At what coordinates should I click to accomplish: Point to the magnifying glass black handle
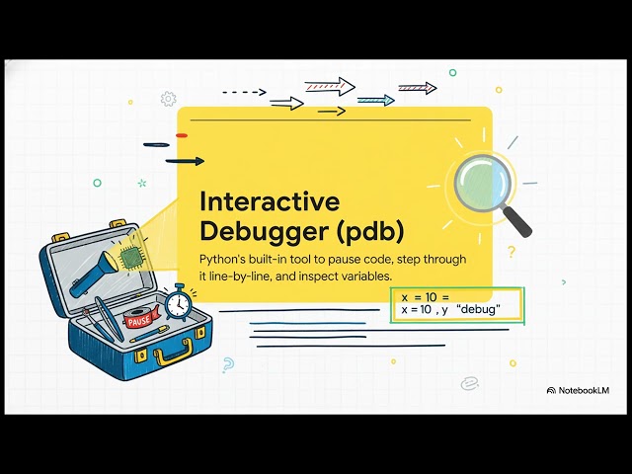[517, 221]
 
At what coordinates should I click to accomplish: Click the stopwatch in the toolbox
[178, 301]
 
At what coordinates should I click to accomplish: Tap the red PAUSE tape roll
[139, 318]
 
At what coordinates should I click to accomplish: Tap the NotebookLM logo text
[583, 390]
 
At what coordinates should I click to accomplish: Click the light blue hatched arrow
[375, 100]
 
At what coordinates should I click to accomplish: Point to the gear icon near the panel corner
[168, 99]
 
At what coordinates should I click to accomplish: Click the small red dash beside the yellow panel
[181, 134]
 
